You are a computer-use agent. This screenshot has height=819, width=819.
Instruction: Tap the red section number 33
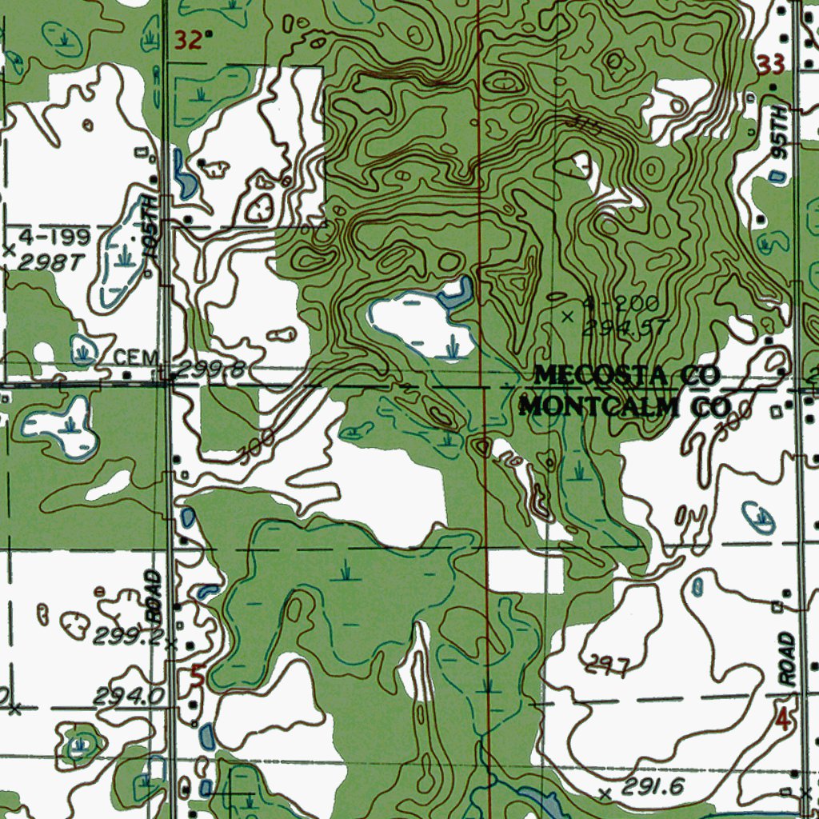click(x=770, y=66)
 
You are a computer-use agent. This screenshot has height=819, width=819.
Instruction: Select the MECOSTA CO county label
click(x=627, y=374)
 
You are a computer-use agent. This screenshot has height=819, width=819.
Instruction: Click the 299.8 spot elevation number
click(x=210, y=369)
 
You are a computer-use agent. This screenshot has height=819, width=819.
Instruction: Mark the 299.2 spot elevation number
click(x=128, y=637)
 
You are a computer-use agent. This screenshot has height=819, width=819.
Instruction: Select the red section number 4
click(x=783, y=720)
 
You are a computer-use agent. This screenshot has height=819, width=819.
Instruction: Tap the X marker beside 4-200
click(x=568, y=318)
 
